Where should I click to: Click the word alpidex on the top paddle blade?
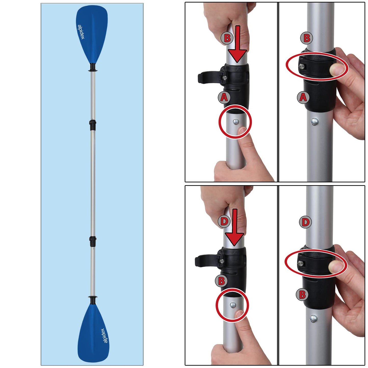(81, 32)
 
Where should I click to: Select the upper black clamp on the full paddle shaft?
(93, 125)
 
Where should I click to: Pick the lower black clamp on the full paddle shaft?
(93, 241)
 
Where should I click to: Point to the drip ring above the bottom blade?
(93, 300)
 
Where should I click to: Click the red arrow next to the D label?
(234, 227)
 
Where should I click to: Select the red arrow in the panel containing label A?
(237, 44)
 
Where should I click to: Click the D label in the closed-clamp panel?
(305, 222)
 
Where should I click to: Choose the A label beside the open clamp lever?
(224, 97)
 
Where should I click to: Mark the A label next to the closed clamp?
(303, 97)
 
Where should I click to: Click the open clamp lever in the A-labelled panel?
(210, 78)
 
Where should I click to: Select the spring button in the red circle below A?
(236, 121)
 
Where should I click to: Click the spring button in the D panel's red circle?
(233, 305)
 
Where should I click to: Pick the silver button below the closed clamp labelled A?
(314, 121)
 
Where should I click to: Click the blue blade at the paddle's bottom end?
(93, 333)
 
